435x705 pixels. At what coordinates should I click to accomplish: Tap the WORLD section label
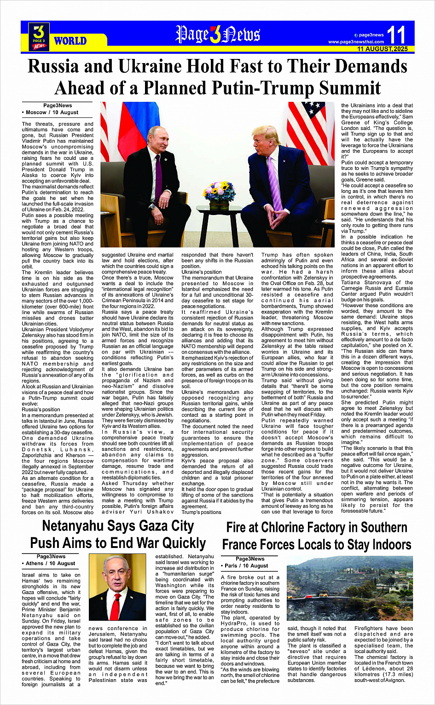click(x=70, y=41)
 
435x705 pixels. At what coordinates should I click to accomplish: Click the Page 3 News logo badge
click(x=39, y=36)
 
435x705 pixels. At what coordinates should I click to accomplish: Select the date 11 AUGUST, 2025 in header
click(x=383, y=49)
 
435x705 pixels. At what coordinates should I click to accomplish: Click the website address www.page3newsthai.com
click(x=356, y=42)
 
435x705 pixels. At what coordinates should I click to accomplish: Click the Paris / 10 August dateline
click(x=247, y=565)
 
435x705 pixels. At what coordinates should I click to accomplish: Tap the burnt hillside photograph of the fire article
click(x=349, y=588)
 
